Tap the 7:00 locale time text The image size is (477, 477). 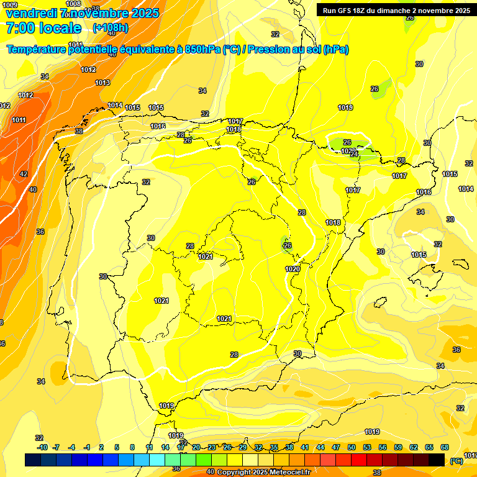[43, 28]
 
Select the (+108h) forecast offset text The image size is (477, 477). [110, 28]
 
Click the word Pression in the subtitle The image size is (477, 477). [270, 50]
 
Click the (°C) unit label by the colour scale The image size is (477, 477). [456, 461]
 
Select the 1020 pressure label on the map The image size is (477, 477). [293, 269]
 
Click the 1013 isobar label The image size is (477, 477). [102, 83]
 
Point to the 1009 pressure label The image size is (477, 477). [10, 5]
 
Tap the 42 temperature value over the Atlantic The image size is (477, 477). [24, 175]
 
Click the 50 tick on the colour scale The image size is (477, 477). [352, 447]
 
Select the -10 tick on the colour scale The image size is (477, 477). [42, 447]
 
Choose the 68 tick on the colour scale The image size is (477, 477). [445, 447]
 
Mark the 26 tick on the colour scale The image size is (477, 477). [227, 447]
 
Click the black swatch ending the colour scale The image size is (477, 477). [437, 460]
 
